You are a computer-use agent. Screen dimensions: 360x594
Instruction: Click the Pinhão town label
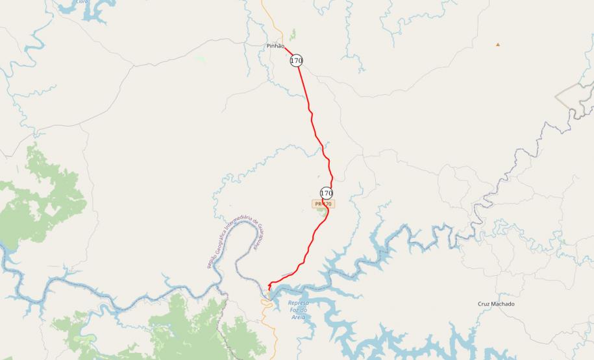(275, 46)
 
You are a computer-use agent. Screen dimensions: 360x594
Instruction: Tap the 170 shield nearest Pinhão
(297, 60)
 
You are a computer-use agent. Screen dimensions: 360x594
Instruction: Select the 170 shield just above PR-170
(327, 193)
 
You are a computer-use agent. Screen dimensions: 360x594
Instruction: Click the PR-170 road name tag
(323, 204)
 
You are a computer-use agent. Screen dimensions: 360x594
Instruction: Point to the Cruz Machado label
(496, 304)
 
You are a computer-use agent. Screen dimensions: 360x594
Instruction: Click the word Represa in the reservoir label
(298, 303)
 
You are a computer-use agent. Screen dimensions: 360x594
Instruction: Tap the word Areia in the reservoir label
(298, 318)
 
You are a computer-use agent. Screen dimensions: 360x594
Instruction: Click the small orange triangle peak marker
(498, 45)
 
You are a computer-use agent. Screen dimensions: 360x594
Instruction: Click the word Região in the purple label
(211, 261)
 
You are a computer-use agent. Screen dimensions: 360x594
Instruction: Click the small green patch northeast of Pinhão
(293, 34)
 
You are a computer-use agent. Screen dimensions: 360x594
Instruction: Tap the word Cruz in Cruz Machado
(484, 304)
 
